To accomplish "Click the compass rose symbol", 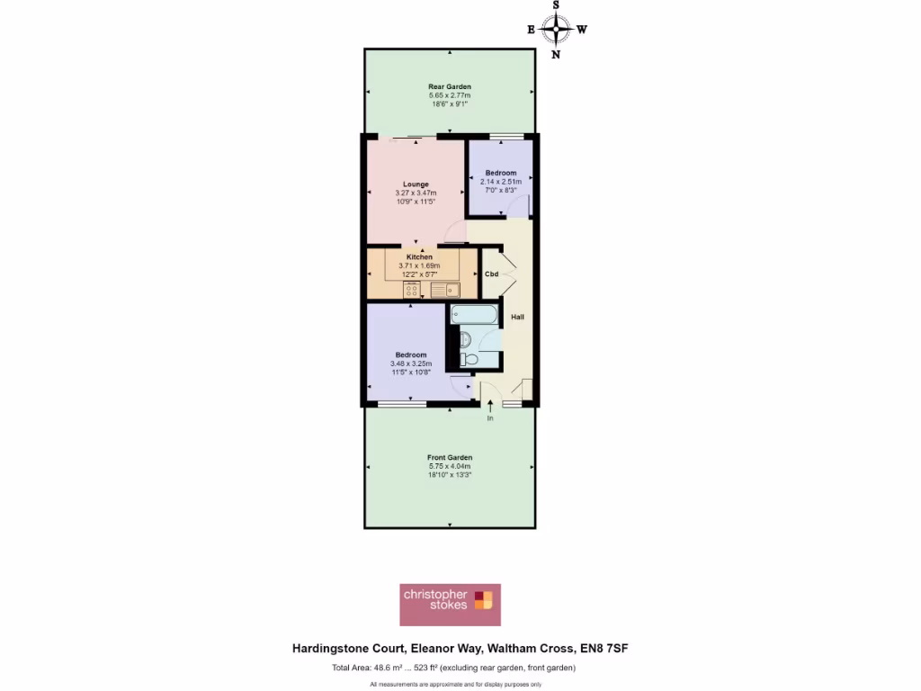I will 557,29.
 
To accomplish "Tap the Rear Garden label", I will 450,86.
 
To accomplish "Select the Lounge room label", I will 416,184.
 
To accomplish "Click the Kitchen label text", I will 420,257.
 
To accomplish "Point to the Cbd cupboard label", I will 492,274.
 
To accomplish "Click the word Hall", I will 518,317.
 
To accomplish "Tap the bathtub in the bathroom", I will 471,315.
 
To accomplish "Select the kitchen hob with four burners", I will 413,290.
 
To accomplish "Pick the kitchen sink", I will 444,290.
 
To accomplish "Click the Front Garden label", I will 450,457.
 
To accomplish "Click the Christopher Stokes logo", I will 450,605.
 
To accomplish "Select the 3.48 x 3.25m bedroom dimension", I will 411,363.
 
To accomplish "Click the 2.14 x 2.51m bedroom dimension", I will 501,181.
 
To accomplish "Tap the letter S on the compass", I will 557,5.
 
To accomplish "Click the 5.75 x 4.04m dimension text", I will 450,466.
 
